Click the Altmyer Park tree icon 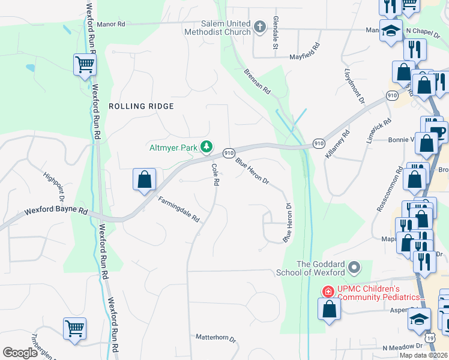[206, 146]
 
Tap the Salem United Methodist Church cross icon [259, 27]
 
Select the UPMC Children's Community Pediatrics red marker [328, 292]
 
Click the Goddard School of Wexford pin [354, 266]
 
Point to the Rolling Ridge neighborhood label [141, 106]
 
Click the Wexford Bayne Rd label [56, 212]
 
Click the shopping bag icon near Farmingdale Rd [144, 179]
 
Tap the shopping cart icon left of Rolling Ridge [85, 64]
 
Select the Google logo [20, 352]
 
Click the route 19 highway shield [430, 338]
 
